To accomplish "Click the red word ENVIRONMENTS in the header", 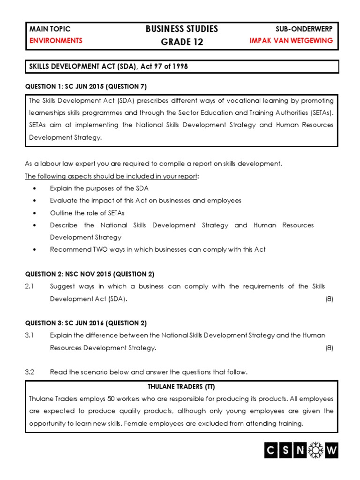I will [56, 41].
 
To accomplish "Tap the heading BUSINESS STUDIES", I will [182, 29].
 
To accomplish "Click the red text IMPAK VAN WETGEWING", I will [292, 41].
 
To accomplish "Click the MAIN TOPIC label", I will [50, 29].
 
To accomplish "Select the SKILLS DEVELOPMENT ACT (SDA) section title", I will [108, 67].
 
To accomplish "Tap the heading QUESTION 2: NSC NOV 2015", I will [89, 274].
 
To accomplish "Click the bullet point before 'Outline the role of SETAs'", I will [35, 213].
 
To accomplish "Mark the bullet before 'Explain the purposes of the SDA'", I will [35, 188].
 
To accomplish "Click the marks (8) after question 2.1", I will [329, 299].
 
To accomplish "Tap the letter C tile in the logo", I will [270, 450].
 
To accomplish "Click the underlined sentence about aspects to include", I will [112, 176].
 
